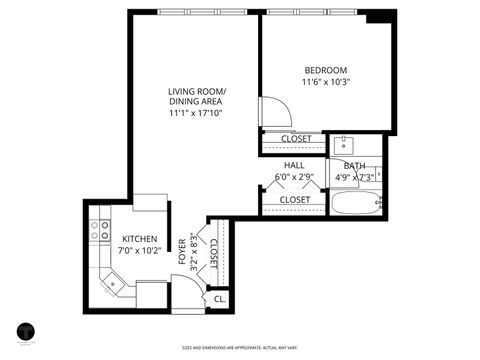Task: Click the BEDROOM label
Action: click(x=326, y=70)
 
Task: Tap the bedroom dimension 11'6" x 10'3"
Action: click(x=326, y=83)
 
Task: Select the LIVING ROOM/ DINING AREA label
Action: click(x=196, y=97)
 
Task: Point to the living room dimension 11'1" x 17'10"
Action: click(x=196, y=113)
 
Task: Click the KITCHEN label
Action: click(x=138, y=239)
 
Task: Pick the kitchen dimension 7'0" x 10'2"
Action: click(x=138, y=251)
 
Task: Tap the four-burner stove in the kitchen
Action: click(x=101, y=230)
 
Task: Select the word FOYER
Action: click(x=182, y=251)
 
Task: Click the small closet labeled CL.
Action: click(x=219, y=298)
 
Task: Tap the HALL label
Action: click(x=294, y=165)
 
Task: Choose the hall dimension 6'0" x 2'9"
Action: click(x=294, y=178)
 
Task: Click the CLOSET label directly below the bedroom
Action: click(x=295, y=139)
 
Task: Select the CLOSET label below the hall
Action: click(x=294, y=200)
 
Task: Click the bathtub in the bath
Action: click(x=356, y=204)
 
